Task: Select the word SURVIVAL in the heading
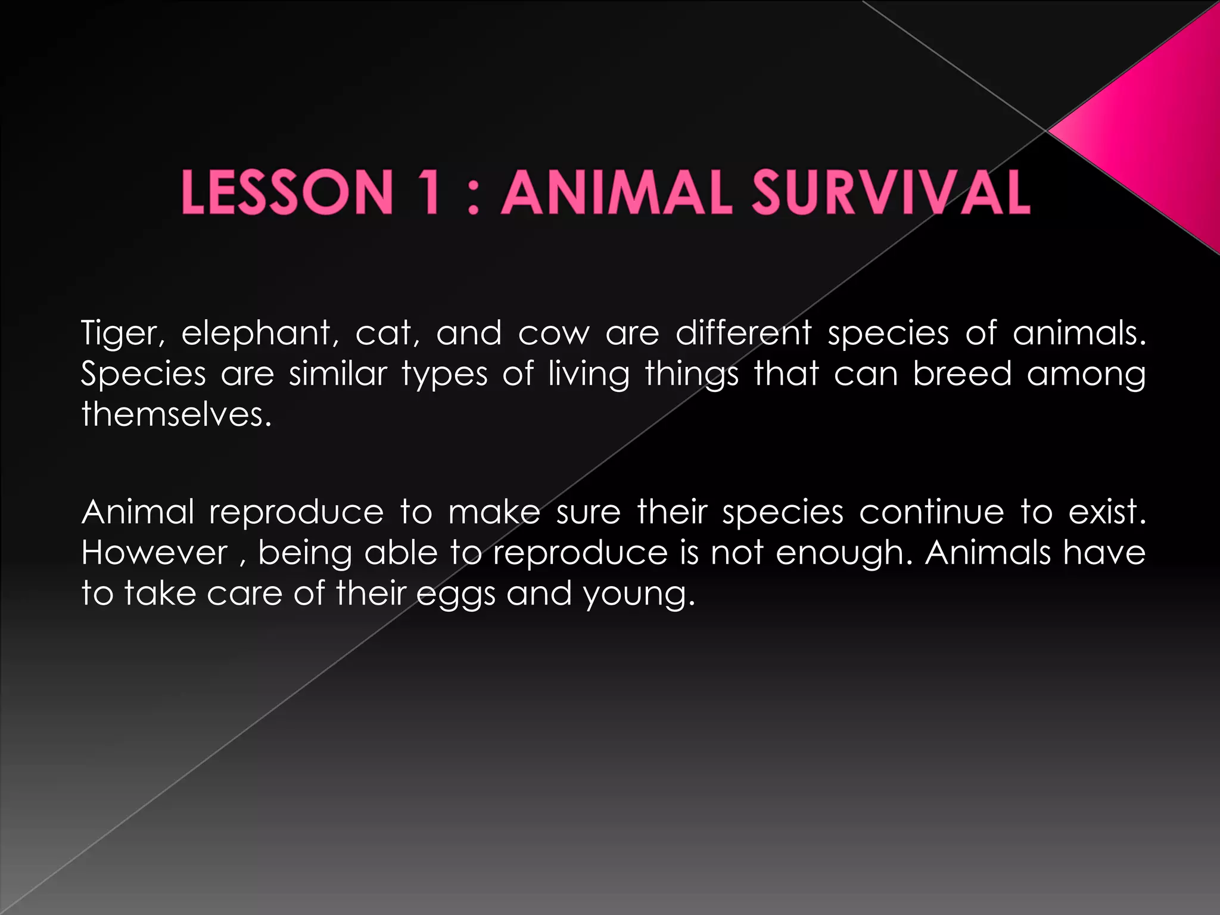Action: [x=890, y=192]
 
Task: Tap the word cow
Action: [x=553, y=334]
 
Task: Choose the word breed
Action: [x=962, y=374]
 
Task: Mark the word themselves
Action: [x=176, y=414]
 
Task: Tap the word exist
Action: [x=1106, y=512]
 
